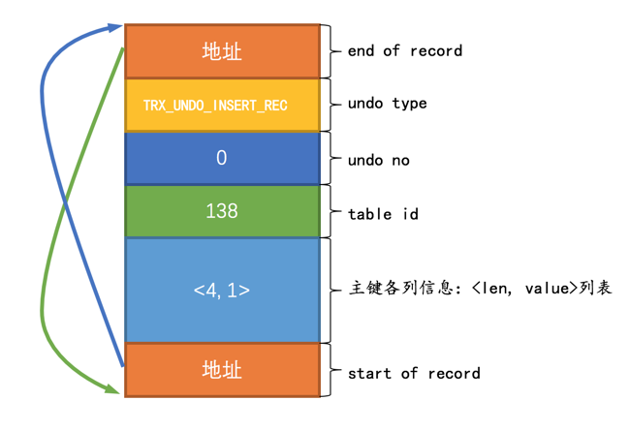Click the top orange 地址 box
pos(222,51)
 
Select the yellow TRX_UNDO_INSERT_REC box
pos(222,105)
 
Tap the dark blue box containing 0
pos(222,158)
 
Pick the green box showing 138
pos(222,210)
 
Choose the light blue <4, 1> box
pos(222,290)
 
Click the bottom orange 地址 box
pos(222,370)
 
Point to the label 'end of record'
pos(405,50)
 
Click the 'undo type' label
pos(387,104)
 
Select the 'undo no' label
pos(378,160)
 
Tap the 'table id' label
pos(383,213)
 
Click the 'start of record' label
pos(414,372)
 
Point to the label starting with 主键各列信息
pos(480,289)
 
